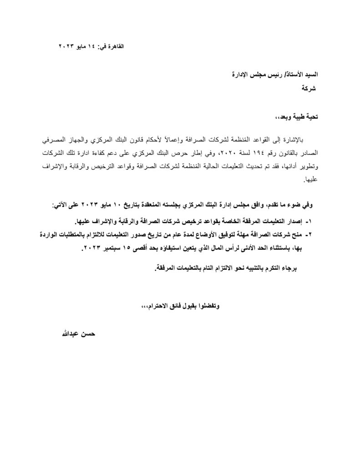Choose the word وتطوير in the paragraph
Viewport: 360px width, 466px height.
click(311, 167)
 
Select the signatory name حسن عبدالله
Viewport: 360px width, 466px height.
click(75, 333)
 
